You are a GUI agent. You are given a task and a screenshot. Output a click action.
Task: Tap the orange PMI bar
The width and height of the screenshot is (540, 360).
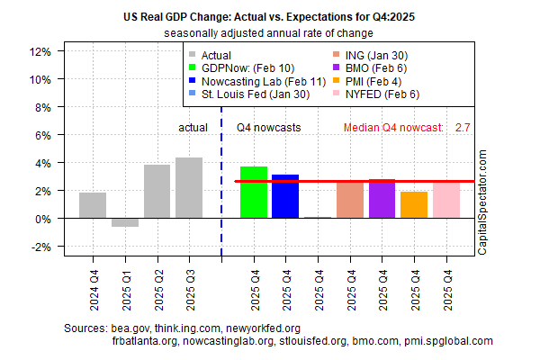pyautogui.click(x=414, y=205)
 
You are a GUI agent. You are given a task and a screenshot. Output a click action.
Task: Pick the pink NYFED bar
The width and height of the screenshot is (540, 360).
pyautogui.click(x=445, y=200)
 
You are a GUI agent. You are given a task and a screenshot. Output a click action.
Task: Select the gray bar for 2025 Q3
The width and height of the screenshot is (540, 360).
pyautogui.click(x=189, y=188)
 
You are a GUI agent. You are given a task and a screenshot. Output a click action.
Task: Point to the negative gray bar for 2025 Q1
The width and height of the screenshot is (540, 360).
pyautogui.click(x=124, y=222)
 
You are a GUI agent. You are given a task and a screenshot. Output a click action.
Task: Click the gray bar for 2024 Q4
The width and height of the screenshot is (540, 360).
pyautogui.click(x=93, y=205)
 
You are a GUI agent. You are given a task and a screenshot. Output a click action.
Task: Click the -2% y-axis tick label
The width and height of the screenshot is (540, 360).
pyautogui.click(x=41, y=247)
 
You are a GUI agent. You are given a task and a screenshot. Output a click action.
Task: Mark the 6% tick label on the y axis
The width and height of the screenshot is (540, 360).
pyautogui.click(x=44, y=135)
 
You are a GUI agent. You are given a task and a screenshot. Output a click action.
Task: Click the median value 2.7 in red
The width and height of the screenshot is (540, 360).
pyautogui.click(x=463, y=128)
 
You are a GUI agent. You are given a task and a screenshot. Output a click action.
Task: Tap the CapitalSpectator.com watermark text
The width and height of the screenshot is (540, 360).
pyautogui.click(x=481, y=202)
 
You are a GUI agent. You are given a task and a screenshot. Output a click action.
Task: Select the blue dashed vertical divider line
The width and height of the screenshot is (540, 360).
pyautogui.click(x=221, y=180)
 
